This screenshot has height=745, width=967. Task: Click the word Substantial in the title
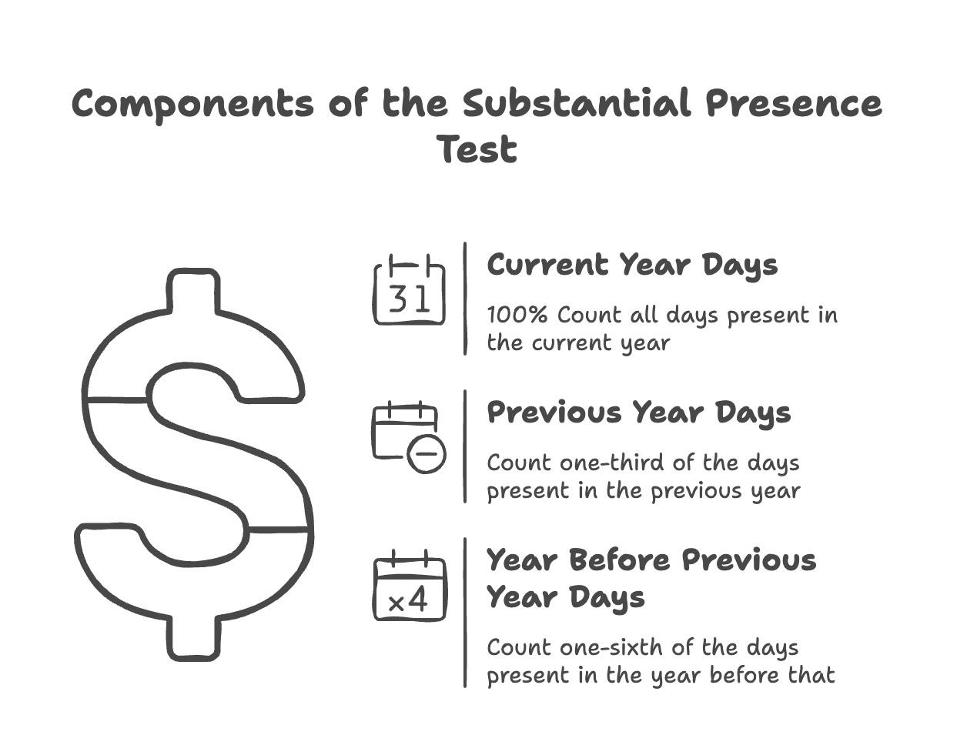pyautogui.click(x=577, y=103)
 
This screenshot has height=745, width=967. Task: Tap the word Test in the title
pyautogui.click(x=479, y=149)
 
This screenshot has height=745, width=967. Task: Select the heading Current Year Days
pyautogui.click(x=632, y=266)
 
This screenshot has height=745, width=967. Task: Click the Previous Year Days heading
pyautogui.click(x=639, y=413)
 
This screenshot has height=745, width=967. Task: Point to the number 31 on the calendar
pyautogui.click(x=408, y=299)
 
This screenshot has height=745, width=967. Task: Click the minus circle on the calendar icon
pyautogui.click(x=427, y=453)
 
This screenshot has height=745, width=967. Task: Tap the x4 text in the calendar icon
pyautogui.click(x=408, y=601)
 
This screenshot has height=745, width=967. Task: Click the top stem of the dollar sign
pyautogui.click(x=193, y=291)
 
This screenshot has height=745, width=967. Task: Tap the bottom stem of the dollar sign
pyautogui.click(x=193, y=638)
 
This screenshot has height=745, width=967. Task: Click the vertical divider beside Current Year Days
pyautogui.click(x=465, y=299)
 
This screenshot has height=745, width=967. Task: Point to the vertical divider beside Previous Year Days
pyautogui.click(x=465, y=446)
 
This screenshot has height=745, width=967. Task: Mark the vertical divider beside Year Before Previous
pyautogui.click(x=465, y=613)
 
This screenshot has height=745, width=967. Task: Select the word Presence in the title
pyautogui.click(x=794, y=103)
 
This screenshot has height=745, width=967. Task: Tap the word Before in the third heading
pyautogui.click(x=620, y=560)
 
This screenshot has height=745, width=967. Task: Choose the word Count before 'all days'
pyautogui.click(x=589, y=315)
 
